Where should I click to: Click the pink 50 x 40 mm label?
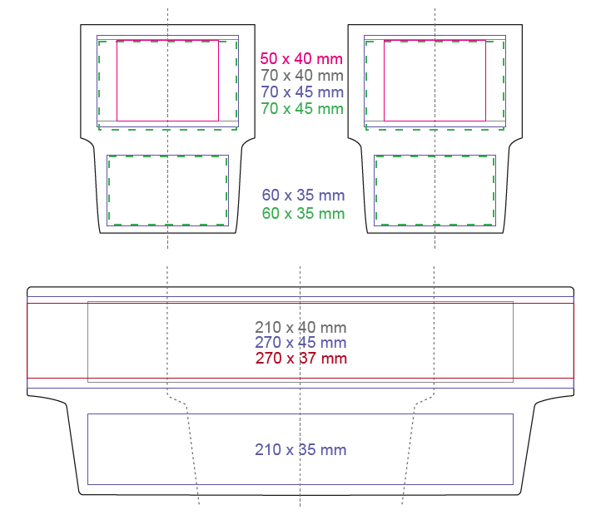pos(301,59)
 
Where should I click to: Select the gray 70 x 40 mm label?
pos(302,76)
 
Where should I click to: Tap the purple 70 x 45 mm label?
pos(302,92)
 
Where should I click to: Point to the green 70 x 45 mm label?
pos(302,109)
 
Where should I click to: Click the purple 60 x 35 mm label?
pos(303,196)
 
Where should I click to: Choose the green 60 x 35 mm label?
pos(303,214)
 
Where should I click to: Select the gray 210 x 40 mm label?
pos(300,328)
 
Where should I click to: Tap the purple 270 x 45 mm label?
pos(300,343)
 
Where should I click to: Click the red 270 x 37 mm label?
pos(301,359)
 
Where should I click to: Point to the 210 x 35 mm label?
pos(300,450)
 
